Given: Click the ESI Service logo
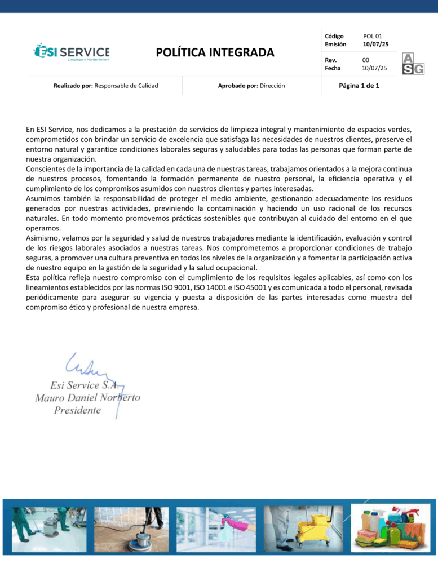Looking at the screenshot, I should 72,51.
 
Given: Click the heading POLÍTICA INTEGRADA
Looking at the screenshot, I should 215,53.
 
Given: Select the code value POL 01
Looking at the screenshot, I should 373,36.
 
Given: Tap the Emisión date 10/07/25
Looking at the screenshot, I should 375,44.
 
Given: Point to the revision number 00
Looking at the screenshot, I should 365,60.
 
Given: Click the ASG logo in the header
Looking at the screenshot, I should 413,64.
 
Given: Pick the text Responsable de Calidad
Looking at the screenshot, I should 126,86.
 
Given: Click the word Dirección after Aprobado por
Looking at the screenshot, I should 272,86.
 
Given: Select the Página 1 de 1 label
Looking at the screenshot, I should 359,86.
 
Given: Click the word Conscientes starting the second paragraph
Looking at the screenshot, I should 46,169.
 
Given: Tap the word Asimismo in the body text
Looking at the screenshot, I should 42,238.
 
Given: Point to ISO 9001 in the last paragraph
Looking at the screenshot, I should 176,287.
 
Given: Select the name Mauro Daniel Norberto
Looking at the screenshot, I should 87,397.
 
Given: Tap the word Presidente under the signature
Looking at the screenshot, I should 77,410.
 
